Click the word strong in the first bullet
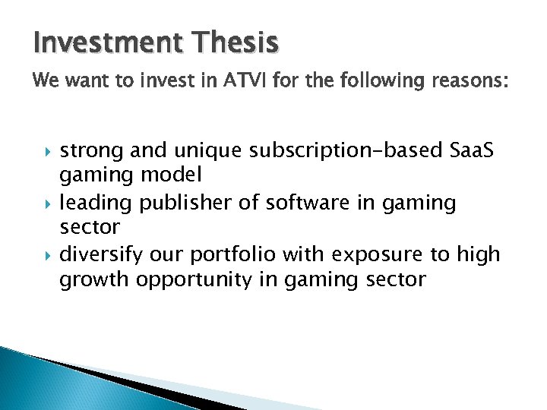[x=90, y=150]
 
